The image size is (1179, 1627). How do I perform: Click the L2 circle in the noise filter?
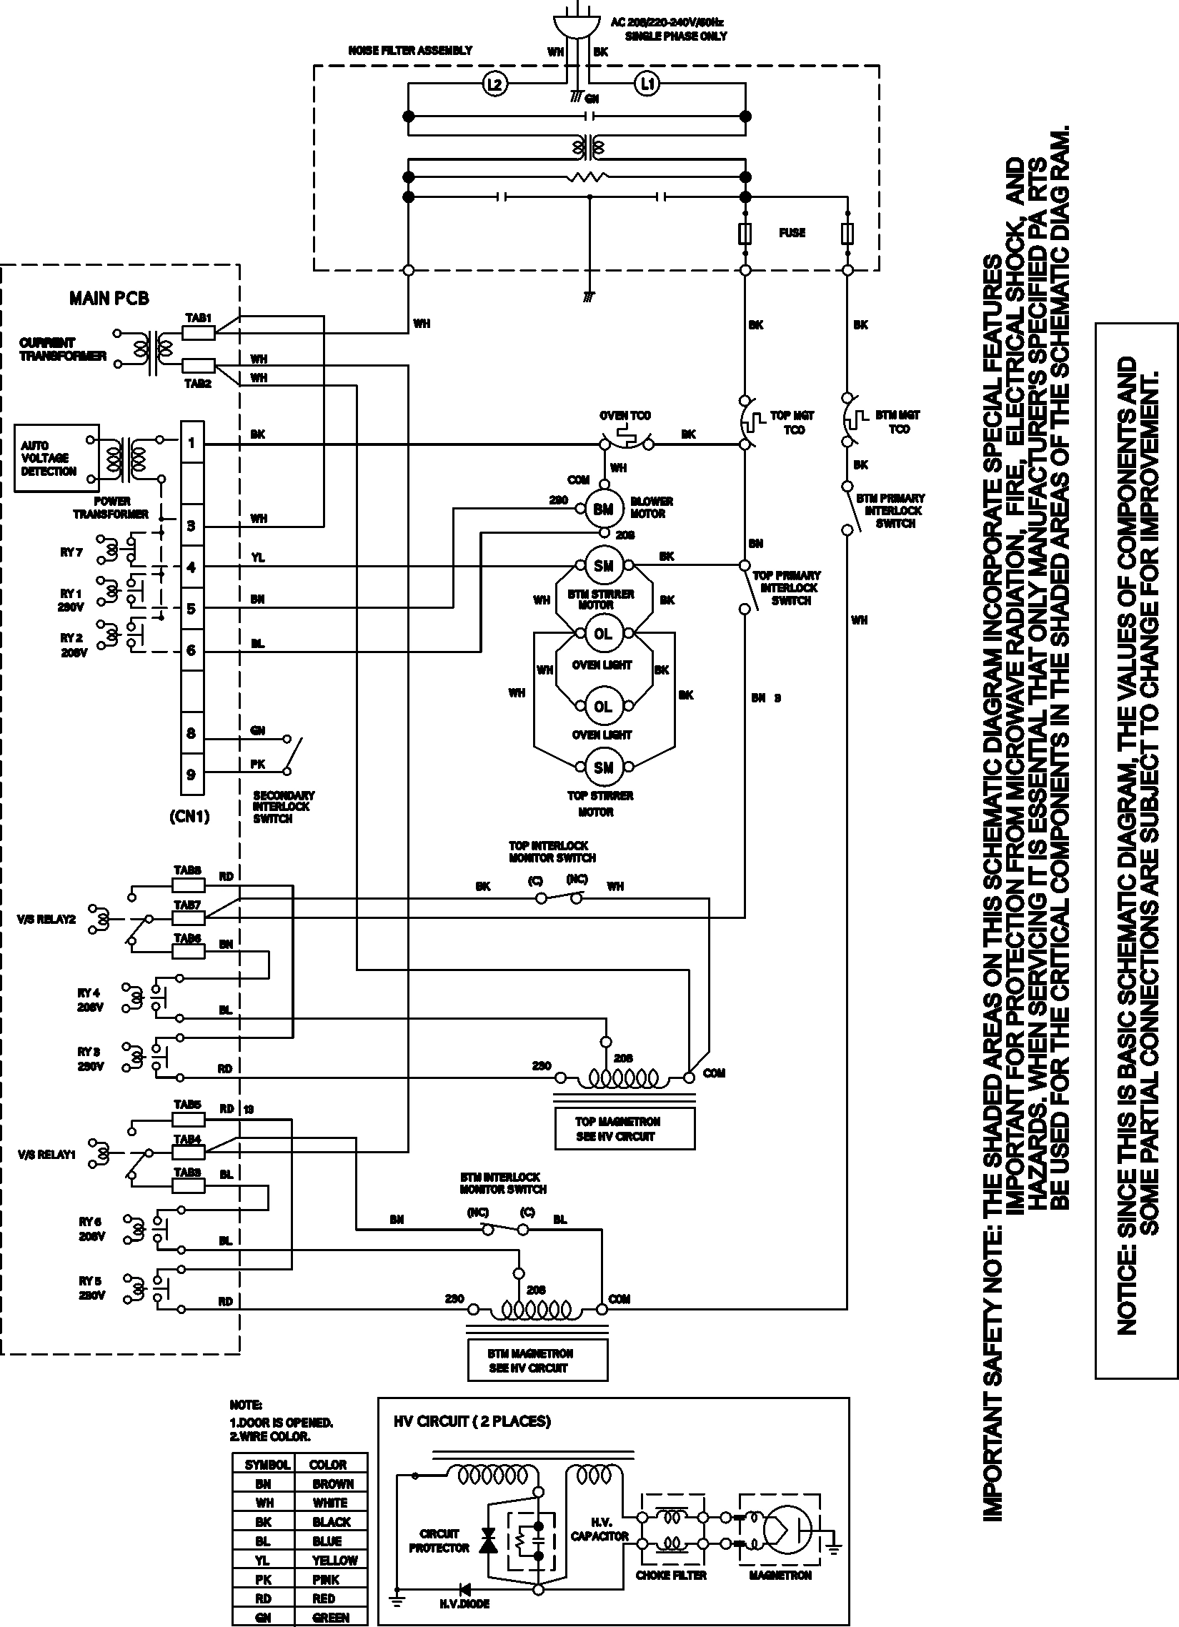click(494, 85)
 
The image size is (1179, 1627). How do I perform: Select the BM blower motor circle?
click(603, 509)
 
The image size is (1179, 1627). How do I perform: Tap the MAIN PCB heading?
click(109, 299)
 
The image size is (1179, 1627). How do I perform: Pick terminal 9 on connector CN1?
click(191, 774)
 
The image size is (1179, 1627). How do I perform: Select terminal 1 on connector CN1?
click(191, 442)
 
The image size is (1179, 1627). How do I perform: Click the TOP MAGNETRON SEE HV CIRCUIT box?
click(625, 1128)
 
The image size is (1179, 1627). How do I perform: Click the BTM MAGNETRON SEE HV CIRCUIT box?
click(537, 1360)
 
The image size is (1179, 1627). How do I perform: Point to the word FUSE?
click(792, 232)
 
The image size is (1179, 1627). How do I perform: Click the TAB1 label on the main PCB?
click(199, 317)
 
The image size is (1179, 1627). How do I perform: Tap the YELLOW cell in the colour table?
click(334, 1561)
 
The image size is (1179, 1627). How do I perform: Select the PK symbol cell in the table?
click(263, 1579)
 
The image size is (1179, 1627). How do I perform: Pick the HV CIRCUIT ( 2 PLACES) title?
click(472, 1421)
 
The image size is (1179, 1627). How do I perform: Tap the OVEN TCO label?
click(625, 415)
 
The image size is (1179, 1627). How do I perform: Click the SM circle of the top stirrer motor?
click(603, 767)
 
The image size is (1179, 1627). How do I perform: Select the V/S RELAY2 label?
click(46, 919)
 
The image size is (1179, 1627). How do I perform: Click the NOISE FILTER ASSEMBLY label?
click(409, 50)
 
